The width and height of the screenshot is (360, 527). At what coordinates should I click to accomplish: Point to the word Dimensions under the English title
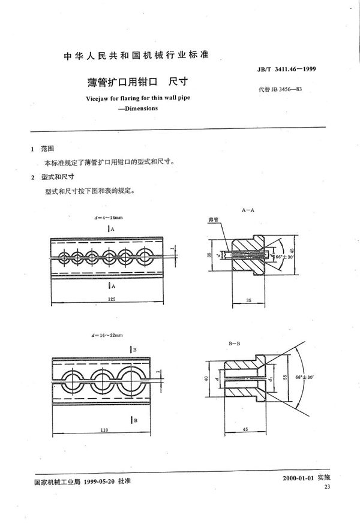pos(135,109)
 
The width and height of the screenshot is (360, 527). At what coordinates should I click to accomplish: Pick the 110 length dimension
pos(104,414)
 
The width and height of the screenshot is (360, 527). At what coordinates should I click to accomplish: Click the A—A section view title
pos(249,212)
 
